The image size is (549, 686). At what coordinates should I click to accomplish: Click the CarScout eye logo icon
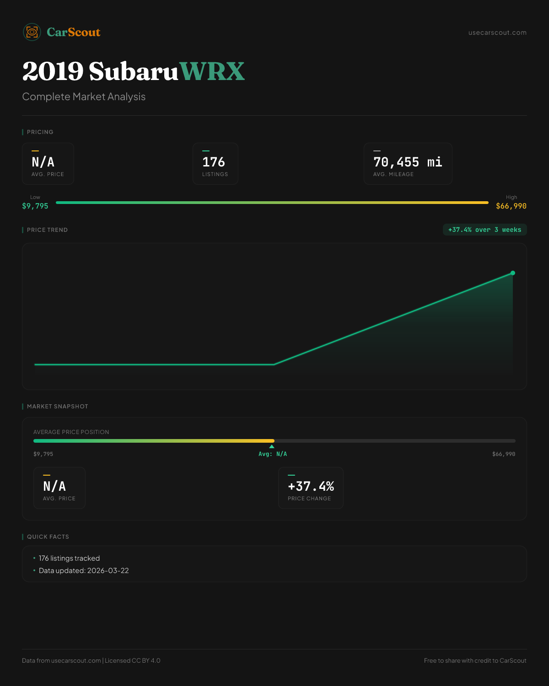32,32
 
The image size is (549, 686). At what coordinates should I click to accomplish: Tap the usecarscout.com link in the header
497,32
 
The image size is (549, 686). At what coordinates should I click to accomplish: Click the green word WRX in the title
212,71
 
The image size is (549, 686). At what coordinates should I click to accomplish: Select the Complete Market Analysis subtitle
84,96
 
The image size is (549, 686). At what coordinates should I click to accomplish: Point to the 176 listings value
214,162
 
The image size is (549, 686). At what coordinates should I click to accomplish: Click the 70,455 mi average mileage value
408,162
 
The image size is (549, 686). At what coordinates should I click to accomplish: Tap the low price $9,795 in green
35,206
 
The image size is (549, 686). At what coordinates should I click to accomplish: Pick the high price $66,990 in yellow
511,206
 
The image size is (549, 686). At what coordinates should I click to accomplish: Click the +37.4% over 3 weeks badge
484,230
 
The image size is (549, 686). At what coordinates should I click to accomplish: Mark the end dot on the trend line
513,273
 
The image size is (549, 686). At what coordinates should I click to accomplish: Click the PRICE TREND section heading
47,230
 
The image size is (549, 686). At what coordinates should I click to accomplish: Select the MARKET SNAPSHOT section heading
57,407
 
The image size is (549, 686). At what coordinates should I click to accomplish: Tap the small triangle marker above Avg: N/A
272,446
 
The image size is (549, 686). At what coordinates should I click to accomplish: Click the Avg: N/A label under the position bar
273,454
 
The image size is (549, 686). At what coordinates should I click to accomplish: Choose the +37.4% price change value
311,486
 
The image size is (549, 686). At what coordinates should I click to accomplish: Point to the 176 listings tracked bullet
69,558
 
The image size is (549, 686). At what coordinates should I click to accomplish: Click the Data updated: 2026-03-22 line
84,571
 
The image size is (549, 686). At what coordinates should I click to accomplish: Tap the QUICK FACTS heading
48,537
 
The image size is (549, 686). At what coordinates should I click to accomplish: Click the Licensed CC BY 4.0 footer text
133,660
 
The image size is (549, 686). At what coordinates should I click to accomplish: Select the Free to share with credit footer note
475,660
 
